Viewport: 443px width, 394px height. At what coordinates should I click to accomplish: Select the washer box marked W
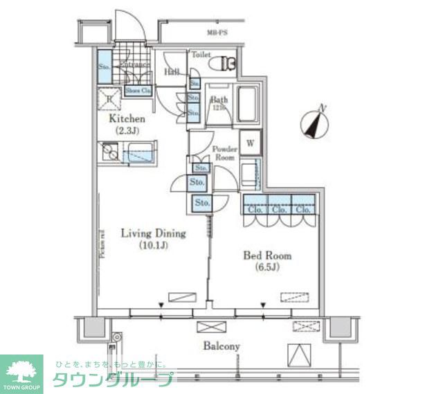tap(250, 143)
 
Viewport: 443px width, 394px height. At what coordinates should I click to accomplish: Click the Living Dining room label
tap(145, 233)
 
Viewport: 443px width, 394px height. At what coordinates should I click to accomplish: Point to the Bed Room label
tap(266, 256)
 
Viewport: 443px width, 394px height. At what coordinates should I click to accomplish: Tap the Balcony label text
tap(221, 346)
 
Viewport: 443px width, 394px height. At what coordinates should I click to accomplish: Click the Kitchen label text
tap(127, 118)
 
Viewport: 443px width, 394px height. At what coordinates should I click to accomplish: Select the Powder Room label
tap(224, 153)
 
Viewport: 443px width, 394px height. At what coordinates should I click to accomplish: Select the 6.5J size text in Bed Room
tap(266, 267)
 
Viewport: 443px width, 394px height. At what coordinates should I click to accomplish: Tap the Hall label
tap(172, 72)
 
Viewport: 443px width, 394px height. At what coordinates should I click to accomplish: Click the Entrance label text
tap(135, 65)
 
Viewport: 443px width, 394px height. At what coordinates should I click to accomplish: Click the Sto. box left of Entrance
tap(105, 68)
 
